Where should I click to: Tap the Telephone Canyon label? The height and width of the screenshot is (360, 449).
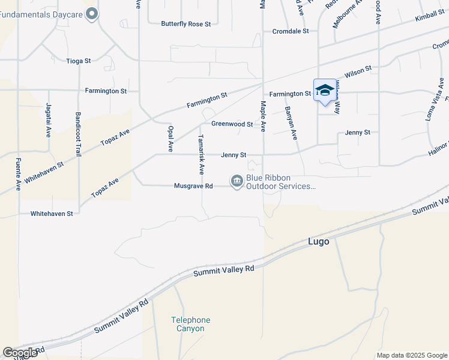[x=191, y=324]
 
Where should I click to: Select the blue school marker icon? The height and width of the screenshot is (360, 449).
[x=324, y=91]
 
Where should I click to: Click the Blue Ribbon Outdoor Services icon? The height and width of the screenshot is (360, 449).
[x=237, y=181]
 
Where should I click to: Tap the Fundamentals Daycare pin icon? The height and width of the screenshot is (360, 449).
[x=92, y=13]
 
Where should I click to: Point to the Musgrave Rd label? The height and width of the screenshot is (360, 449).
[x=193, y=186]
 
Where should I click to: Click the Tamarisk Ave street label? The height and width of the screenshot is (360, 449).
[x=202, y=150]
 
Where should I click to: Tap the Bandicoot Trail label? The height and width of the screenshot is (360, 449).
[x=78, y=134]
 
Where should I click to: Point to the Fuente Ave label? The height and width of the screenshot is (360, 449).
[x=18, y=175]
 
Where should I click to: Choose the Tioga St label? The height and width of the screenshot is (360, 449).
[x=78, y=61]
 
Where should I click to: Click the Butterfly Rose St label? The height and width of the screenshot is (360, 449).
[x=186, y=24]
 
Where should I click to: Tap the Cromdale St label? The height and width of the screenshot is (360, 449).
[x=290, y=31]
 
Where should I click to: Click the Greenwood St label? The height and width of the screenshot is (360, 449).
[x=232, y=124]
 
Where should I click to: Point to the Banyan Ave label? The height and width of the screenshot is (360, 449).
[x=291, y=123]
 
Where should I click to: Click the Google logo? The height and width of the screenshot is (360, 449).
[x=20, y=353]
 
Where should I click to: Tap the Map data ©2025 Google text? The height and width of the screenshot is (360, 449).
[x=412, y=355]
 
